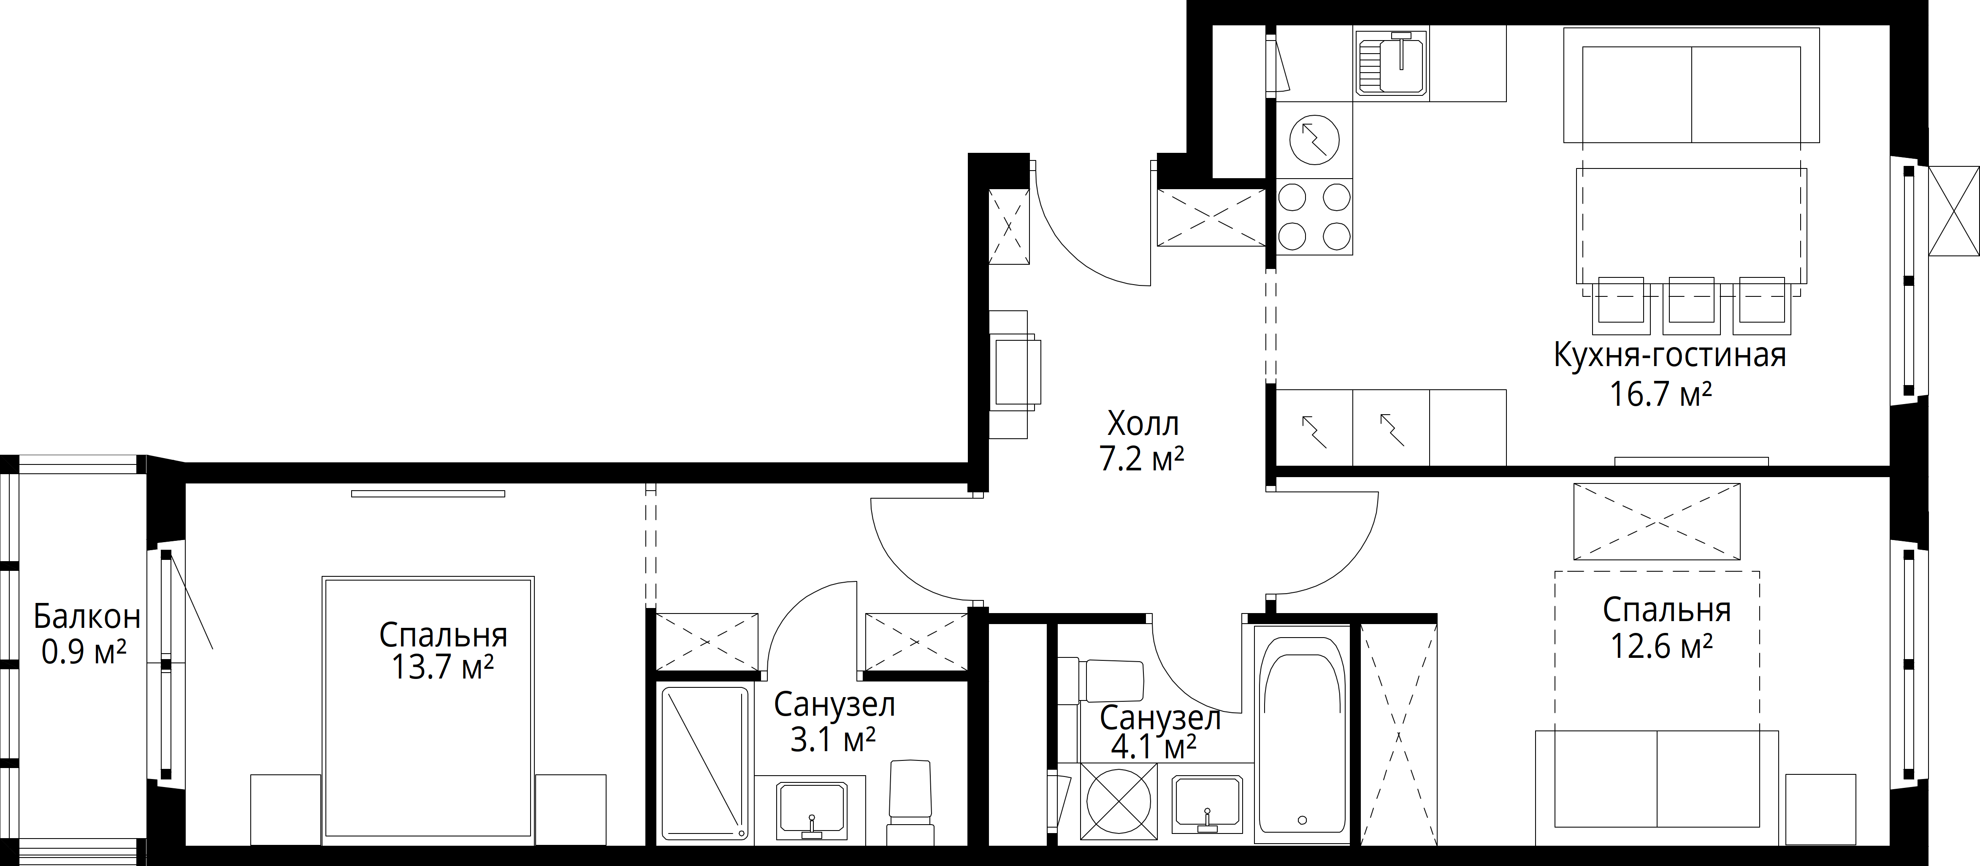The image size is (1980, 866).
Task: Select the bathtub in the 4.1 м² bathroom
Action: tap(1302, 735)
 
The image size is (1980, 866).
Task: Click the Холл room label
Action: tap(1143, 424)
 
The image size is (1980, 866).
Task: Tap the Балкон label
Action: tap(87, 617)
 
